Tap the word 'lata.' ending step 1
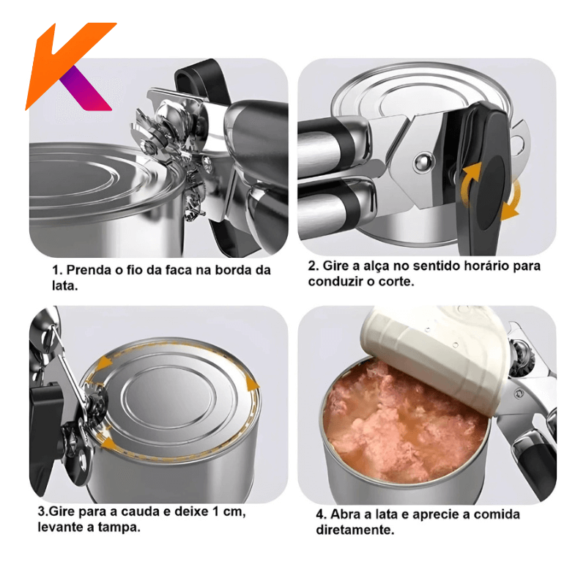pyautogui.click(x=65, y=286)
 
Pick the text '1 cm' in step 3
pyautogui.click(x=228, y=511)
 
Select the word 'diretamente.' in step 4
pyautogui.click(x=355, y=530)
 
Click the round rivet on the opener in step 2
pyautogui.click(x=425, y=162)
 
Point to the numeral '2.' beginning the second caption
pyautogui.click(x=313, y=266)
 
